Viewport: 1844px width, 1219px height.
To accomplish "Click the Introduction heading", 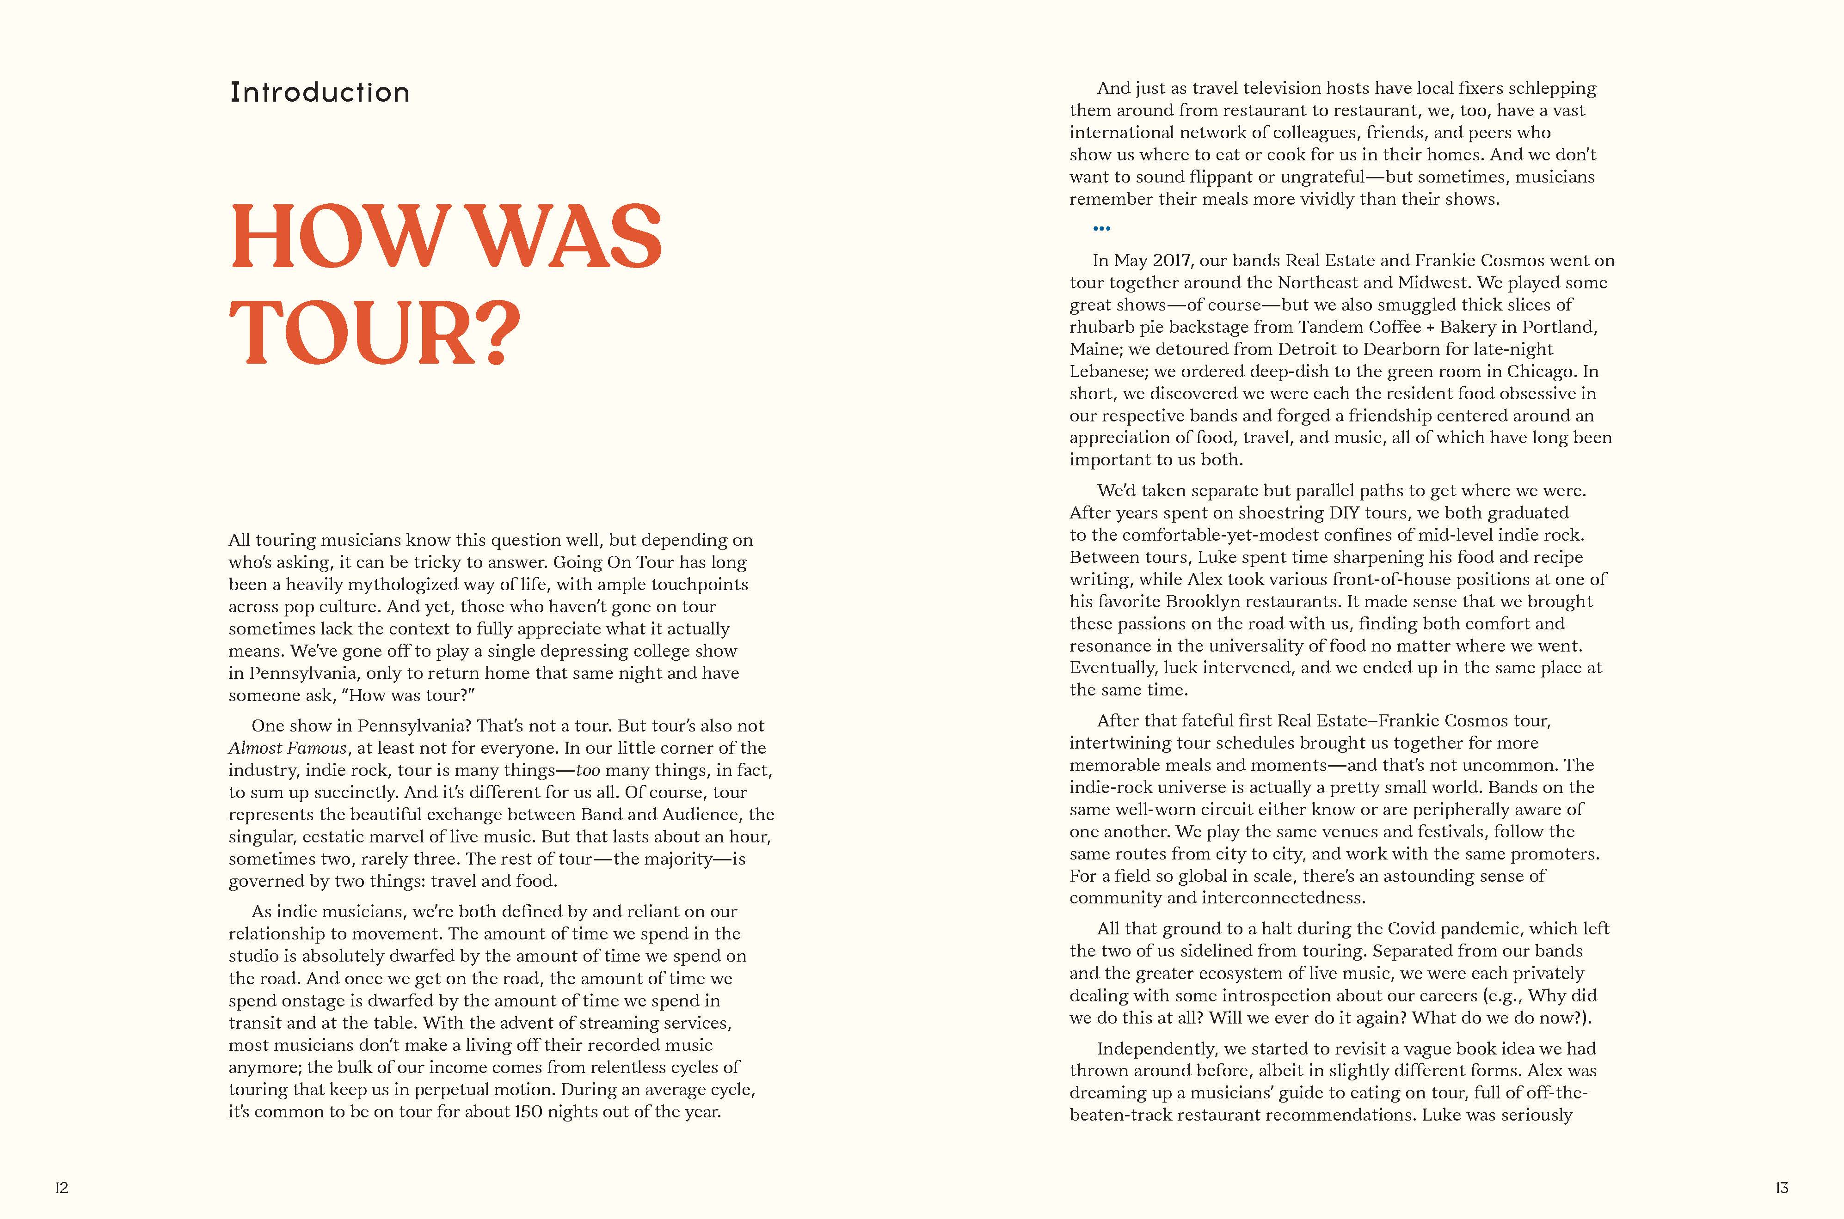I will pos(320,92).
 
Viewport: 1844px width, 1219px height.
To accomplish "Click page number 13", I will pos(1782,1187).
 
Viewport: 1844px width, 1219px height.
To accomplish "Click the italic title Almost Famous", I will pos(288,748).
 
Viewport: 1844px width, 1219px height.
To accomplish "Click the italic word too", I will pos(588,770).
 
